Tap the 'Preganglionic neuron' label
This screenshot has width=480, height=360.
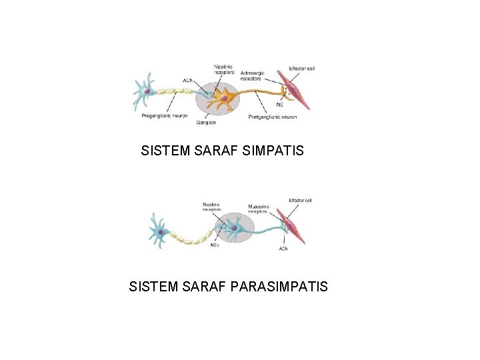pos(164,115)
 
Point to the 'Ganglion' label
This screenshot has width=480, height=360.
pos(207,123)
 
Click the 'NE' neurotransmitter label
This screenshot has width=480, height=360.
pos(279,105)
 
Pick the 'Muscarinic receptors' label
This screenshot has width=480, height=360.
pos(258,209)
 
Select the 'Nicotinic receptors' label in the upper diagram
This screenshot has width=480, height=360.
pos(223,69)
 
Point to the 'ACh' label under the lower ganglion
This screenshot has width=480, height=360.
pos(214,245)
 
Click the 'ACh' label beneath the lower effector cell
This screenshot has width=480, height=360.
pos(283,249)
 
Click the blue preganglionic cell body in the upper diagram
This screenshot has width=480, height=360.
pos(145,91)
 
